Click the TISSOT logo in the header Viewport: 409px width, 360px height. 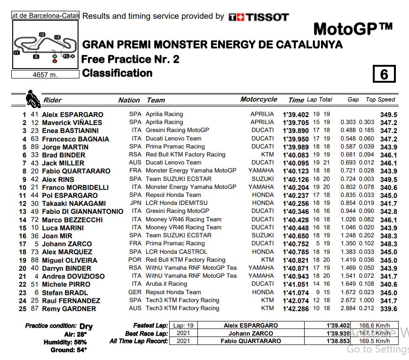click(x=259, y=17)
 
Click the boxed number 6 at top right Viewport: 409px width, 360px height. click(x=384, y=74)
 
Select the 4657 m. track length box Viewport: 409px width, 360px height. click(x=45, y=74)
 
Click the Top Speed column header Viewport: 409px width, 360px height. click(x=380, y=100)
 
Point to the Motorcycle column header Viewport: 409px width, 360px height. click(x=259, y=100)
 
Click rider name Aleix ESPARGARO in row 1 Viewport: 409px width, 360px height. click(x=72, y=114)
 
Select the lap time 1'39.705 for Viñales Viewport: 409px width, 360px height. click(x=296, y=122)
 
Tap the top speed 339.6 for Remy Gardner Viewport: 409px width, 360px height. click(x=389, y=309)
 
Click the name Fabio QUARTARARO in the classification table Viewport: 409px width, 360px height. click(x=76, y=171)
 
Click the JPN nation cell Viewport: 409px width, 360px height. click(x=135, y=203)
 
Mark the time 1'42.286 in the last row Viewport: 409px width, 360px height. click(x=296, y=309)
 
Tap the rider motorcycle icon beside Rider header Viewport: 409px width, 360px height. click(x=32, y=99)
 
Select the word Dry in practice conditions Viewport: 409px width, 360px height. click(x=86, y=326)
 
